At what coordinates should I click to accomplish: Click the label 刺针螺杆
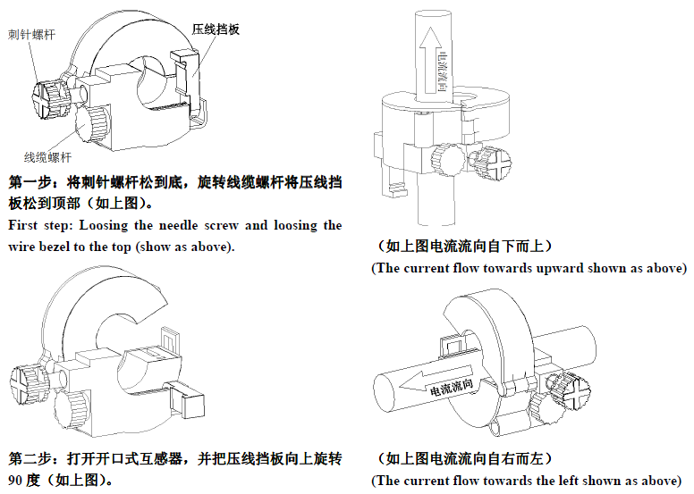[30, 36]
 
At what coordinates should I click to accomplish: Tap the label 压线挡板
[216, 29]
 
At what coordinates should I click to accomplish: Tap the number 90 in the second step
[17, 480]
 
